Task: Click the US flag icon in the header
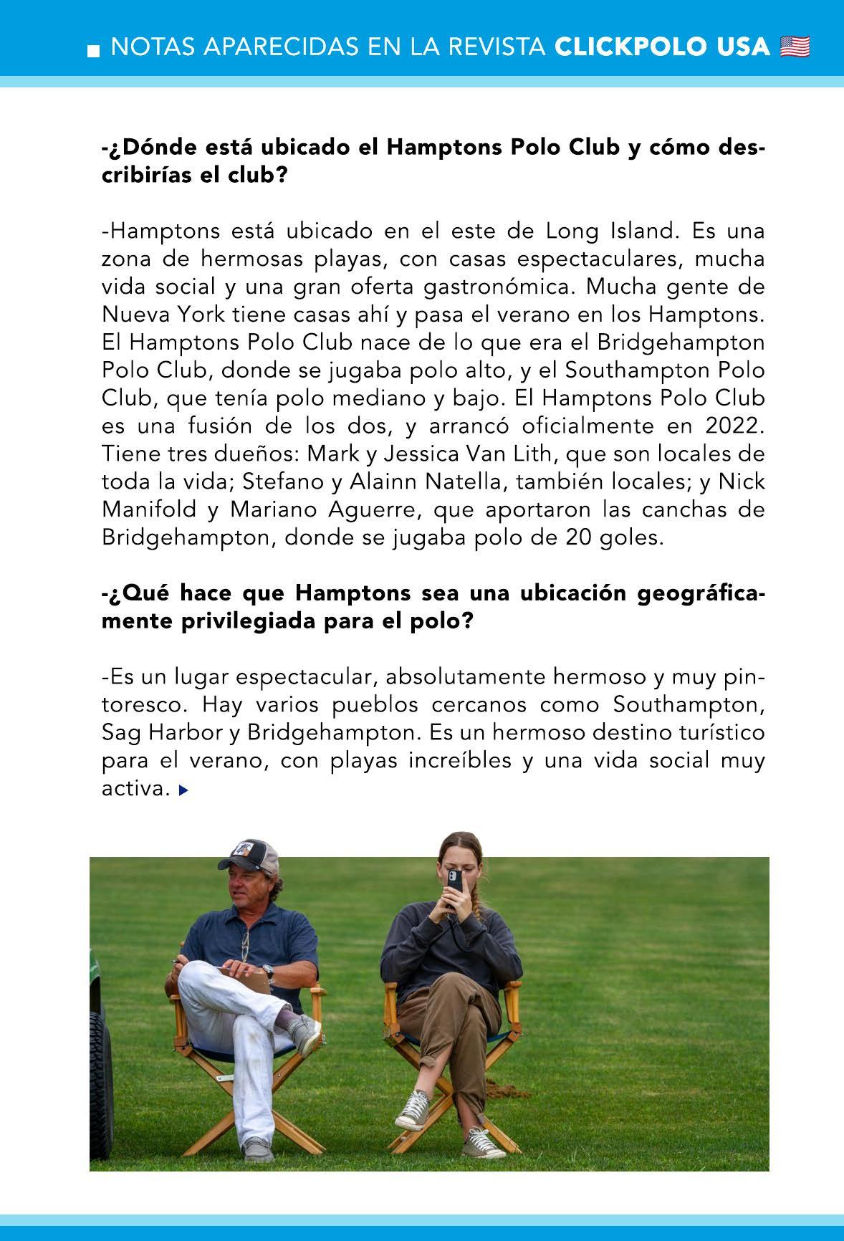pos(795,47)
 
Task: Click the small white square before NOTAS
pos(92,51)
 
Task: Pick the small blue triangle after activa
pos(183,790)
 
